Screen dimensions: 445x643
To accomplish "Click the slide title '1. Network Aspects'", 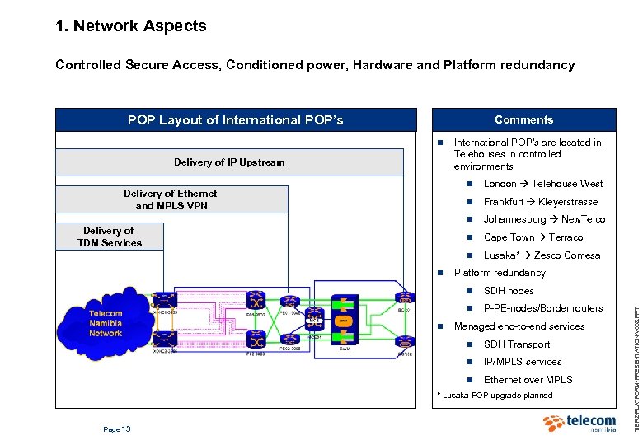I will (x=130, y=26).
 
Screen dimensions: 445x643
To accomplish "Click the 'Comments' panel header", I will (x=523, y=119).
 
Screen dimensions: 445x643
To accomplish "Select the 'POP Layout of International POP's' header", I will (x=235, y=120).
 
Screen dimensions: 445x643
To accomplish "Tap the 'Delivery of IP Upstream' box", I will (x=229, y=162).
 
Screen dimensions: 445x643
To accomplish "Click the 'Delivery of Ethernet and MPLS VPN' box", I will (x=171, y=199).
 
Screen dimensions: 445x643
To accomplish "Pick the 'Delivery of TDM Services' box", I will (x=110, y=237).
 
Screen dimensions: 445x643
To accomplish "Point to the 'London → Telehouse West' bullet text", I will (x=542, y=184).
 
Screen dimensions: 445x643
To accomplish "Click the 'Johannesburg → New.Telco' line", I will (x=544, y=219).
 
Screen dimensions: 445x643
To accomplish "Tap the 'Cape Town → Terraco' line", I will (x=533, y=237).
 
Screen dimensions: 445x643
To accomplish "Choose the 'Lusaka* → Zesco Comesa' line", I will (x=542, y=255).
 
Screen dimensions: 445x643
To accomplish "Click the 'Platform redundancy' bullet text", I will (x=500, y=273).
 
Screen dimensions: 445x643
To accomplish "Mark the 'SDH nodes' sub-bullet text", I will (x=509, y=291).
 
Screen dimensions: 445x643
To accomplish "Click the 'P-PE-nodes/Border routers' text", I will (x=543, y=308).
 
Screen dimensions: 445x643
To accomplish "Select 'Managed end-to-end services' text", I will (x=519, y=326).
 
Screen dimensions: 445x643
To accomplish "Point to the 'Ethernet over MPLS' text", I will (x=528, y=380).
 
